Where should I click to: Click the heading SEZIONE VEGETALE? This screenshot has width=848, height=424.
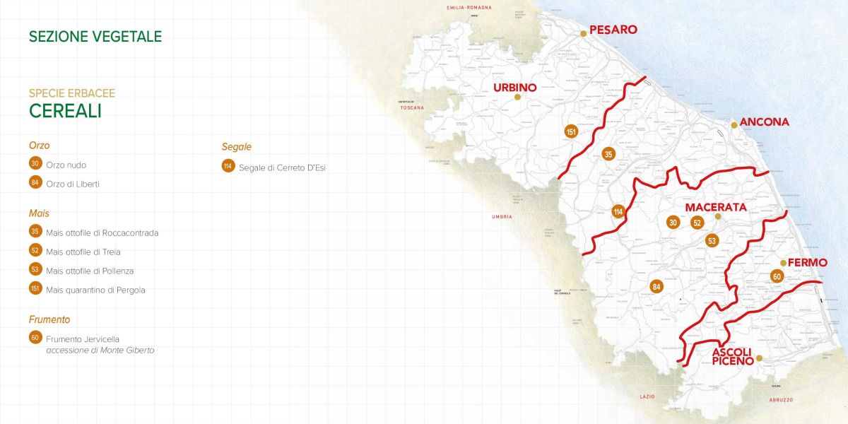[x=95, y=37]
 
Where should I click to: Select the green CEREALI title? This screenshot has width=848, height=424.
[x=65, y=111]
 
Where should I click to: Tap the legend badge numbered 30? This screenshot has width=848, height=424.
[x=35, y=164]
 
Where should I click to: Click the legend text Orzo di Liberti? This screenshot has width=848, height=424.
[x=73, y=184]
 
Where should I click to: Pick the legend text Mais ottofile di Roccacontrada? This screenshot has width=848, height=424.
[x=102, y=232]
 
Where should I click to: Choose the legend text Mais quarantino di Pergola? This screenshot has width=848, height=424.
[x=95, y=290]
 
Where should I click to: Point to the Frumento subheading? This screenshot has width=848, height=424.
[x=49, y=319]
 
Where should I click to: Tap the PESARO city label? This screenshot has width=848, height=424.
[x=613, y=30]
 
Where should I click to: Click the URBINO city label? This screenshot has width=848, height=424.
[x=514, y=88]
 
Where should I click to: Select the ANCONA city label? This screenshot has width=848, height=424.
[x=764, y=122]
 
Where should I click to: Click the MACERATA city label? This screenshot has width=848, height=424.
[x=716, y=207]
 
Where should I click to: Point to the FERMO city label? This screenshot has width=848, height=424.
[x=807, y=262]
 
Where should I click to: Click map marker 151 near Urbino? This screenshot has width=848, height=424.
[x=571, y=132]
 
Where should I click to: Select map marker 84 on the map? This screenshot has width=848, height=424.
[x=656, y=286]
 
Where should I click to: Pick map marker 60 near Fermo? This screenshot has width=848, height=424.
[x=777, y=276]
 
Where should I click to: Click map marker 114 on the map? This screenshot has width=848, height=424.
[x=618, y=211]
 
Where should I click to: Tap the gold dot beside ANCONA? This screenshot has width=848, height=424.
[x=734, y=125]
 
